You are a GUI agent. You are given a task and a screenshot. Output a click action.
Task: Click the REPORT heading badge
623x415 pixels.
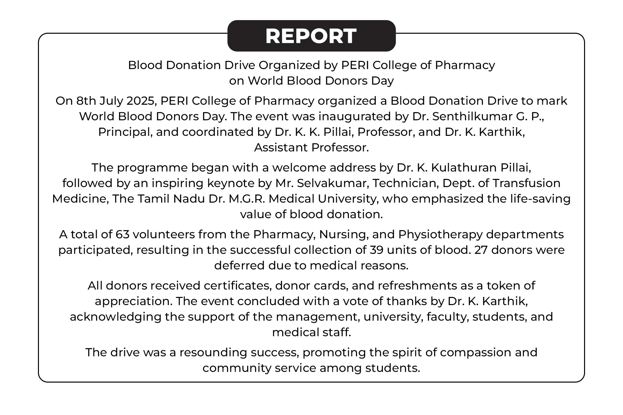pos(311,36)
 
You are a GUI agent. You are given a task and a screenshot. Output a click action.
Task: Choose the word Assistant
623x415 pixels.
pos(281,148)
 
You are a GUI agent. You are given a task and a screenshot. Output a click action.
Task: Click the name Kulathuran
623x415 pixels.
pos(464,168)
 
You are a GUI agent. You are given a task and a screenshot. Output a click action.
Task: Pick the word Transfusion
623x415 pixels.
pos(526,183)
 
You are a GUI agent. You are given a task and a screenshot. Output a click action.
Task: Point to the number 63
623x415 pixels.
pos(123,234)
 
